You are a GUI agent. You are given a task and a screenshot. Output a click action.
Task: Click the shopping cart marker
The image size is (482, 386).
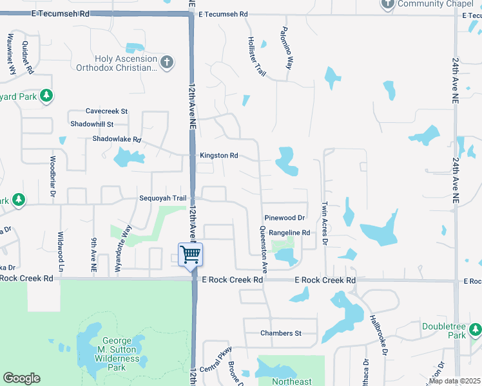tap(191, 254)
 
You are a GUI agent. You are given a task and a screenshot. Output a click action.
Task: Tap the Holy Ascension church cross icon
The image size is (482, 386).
tap(167, 62)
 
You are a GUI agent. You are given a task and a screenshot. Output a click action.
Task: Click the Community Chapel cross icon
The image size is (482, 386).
tap(387, 5)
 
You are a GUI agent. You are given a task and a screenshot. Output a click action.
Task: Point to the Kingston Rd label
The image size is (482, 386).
tap(219, 156)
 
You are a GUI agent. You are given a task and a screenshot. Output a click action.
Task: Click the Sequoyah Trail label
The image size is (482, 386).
tap(162, 198)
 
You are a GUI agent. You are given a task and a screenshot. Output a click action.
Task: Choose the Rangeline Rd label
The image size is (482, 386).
tap(289, 233)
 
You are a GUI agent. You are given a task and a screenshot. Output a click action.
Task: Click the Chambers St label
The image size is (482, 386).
tap(281, 333)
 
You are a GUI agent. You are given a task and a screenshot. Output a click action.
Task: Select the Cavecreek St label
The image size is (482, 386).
tap(107, 111)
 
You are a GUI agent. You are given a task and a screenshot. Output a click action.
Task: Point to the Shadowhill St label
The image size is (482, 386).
tap(92, 124)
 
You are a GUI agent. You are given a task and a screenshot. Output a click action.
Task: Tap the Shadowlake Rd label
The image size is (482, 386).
tap(117, 139)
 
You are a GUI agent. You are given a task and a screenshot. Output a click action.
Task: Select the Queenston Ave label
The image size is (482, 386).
tap(264, 247)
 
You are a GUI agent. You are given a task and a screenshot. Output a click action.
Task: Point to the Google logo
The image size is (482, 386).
tap(21, 378)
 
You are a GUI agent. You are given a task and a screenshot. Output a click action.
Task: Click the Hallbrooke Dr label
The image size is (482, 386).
tap(378, 334)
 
